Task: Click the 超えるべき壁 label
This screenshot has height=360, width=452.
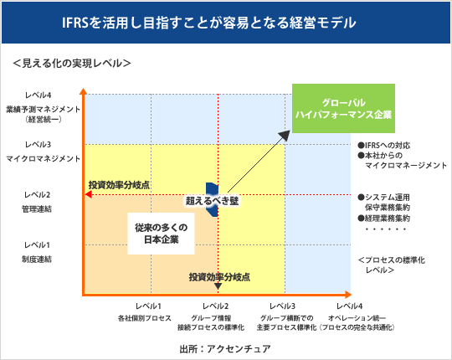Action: tap(213, 201)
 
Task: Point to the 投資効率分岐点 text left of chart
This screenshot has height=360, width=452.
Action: tap(120, 184)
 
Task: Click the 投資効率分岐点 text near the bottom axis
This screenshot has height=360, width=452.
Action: tap(219, 276)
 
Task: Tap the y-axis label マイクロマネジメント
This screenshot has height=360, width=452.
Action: tap(33, 157)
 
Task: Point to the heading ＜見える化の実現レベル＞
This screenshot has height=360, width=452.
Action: tap(72, 64)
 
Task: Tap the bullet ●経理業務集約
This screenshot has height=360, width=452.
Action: tap(388, 217)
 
